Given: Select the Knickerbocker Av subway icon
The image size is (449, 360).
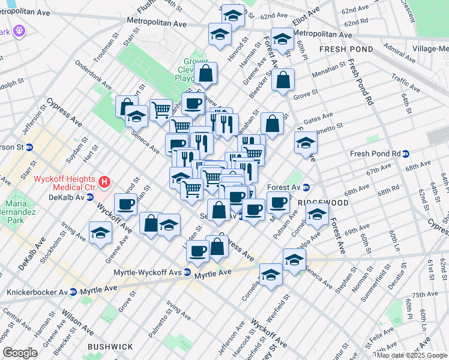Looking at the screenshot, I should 73,292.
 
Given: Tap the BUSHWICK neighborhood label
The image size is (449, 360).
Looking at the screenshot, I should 110,347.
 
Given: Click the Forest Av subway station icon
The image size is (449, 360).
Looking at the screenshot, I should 306,186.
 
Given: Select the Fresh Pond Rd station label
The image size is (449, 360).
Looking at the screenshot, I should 375,154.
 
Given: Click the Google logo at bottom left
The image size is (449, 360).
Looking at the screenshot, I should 20,352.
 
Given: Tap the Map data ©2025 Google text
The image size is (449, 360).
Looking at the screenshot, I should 411,355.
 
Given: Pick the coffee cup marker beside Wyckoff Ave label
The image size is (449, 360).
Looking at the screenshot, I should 127,204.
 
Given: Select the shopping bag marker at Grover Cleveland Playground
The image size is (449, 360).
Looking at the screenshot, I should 205,73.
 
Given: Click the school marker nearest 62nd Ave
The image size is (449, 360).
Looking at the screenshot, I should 232,15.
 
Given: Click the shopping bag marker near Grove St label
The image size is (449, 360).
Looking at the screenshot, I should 283,79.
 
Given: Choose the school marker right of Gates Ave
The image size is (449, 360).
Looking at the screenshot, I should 306,143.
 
